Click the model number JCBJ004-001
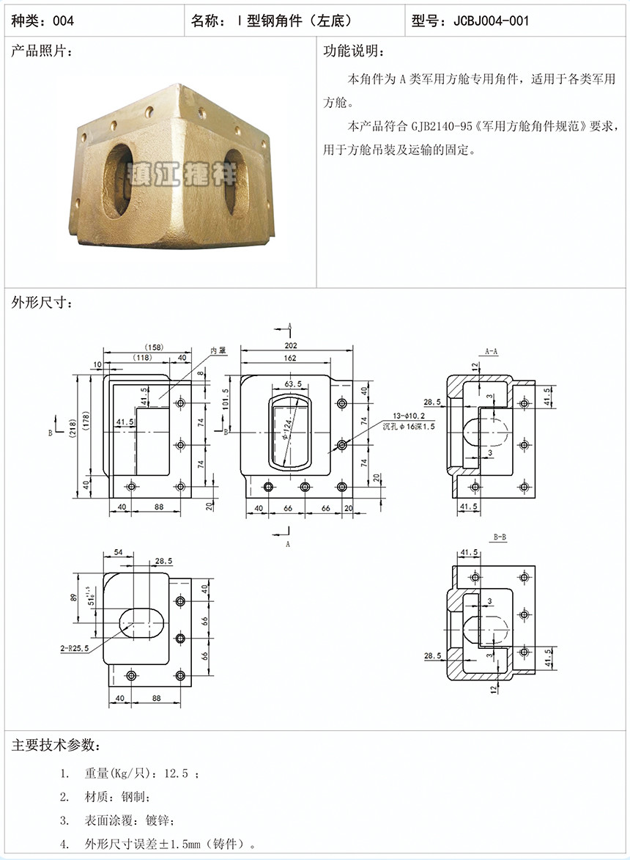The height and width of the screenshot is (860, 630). point(491,21)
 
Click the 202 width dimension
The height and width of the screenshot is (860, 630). point(291,345)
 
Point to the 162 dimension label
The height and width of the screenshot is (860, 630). point(290,359)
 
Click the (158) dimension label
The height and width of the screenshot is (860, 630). point(154,348)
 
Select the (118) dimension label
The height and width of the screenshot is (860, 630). point(143,358)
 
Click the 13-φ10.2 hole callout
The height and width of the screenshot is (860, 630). point(408,416)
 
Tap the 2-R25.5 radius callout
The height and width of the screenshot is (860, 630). point(75,648)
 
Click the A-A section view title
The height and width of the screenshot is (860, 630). point(492,352)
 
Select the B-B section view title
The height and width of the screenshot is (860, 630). point(500,537)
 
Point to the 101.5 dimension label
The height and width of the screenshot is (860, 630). point(226,400)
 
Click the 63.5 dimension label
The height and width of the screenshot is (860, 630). point(293,384)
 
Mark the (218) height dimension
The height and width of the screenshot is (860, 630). point(73,430)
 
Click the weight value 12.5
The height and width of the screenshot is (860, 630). point(177,773)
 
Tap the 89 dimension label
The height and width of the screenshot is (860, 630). point(73,598)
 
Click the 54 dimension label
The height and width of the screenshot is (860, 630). point(119,552)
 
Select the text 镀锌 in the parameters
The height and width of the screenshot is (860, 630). point(157,820)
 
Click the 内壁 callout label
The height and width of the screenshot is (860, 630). point(218,350)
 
